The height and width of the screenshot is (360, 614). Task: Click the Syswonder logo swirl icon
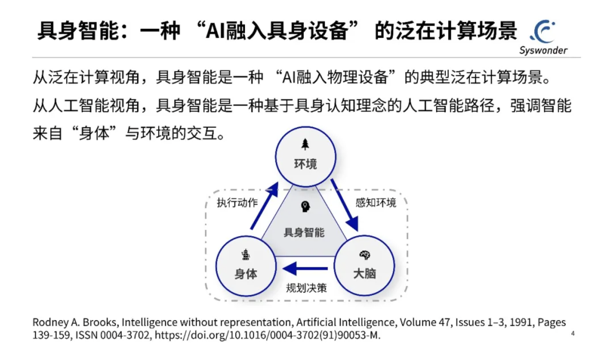tap(544, 31)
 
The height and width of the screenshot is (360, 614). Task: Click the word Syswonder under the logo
tap(543, 51)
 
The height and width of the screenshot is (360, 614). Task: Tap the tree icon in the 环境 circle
tap(305, 144)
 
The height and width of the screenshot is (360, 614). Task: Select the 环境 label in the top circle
tap(305, 164)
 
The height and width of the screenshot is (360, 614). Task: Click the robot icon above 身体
tap(246, 255)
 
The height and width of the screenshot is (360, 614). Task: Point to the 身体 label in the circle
tap(246, 274)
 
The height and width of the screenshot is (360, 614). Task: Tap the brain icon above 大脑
tap(365, 255)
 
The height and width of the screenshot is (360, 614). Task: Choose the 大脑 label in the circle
tap(365, 274)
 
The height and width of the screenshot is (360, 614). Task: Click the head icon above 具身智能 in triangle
tap(305, 207)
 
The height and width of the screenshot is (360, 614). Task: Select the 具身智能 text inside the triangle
tap(304, 232)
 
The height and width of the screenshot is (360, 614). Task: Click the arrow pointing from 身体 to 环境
tap(264, 206)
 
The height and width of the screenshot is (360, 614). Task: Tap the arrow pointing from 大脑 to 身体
tap(306, 268)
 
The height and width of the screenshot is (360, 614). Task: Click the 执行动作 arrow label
tap(237, 202)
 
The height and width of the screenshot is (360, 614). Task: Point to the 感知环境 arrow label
tap(376, 202)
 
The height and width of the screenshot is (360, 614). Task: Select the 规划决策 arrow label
tap(306, 288)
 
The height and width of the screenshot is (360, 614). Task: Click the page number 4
tap(573, 333)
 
